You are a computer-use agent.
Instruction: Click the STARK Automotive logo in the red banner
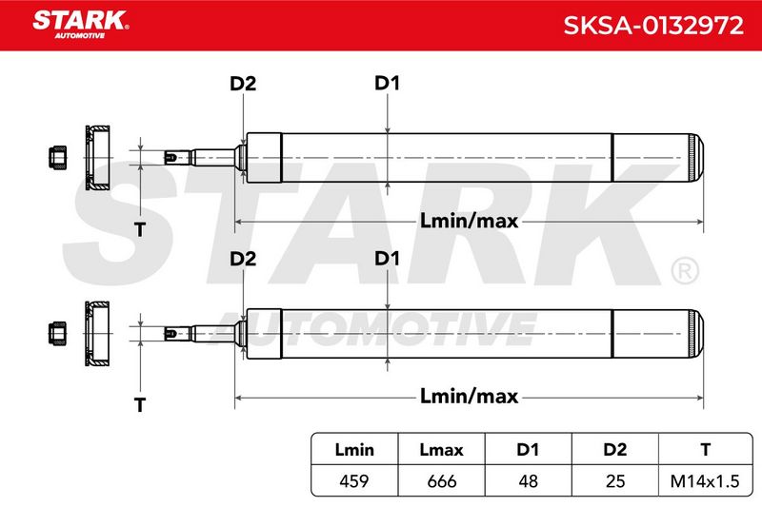click(81, 25)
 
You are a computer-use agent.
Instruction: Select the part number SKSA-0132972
click(653, 26)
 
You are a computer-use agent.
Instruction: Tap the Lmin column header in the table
click(354, 450)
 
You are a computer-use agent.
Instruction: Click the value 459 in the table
click(353, 480)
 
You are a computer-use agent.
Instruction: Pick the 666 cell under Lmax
click(441, 480)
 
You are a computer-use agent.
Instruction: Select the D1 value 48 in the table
click(528, 480)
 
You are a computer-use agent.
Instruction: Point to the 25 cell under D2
click(614, 480)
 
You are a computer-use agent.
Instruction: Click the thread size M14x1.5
click(705, 480)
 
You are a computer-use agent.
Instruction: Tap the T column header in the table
click(706, 450)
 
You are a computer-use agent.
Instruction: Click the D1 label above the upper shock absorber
click(387, 83)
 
